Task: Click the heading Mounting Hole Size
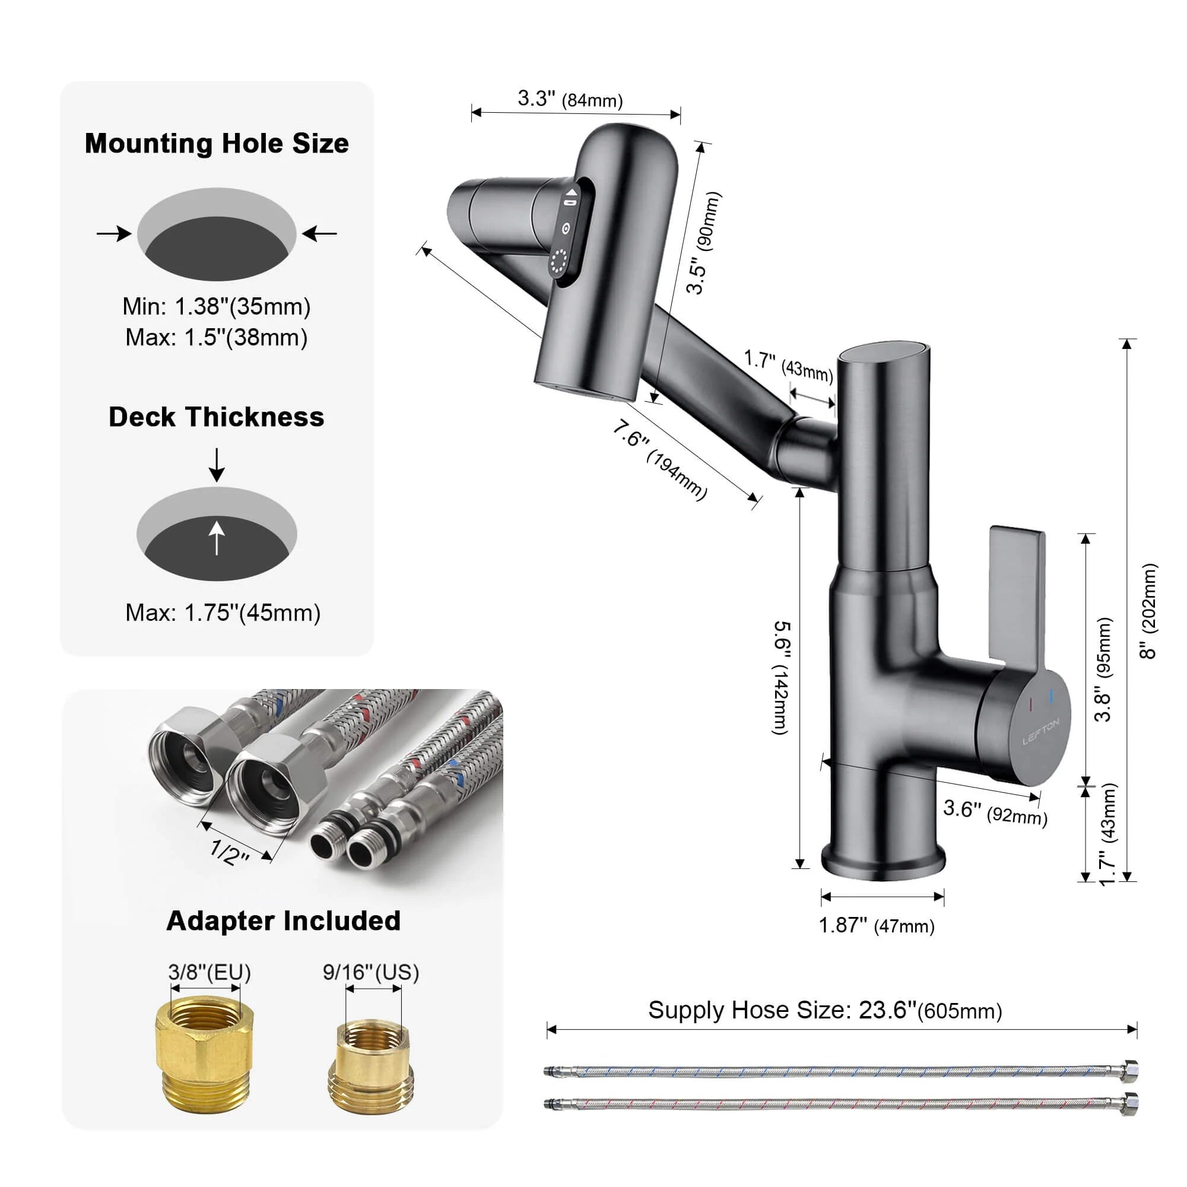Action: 216,144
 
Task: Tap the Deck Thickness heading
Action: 216,417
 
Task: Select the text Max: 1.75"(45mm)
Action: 223,612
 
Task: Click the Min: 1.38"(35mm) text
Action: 216,306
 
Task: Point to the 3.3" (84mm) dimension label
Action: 570,99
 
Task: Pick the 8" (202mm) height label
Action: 1147,611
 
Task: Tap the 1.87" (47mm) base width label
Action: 876,925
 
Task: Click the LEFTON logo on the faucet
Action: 1040,732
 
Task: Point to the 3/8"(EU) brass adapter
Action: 204,1061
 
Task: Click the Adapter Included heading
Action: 283,921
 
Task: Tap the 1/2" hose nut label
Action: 229,852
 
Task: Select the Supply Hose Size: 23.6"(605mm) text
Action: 824,1010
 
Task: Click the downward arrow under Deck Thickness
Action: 216,465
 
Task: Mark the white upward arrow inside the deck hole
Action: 216,538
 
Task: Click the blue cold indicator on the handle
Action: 1051,696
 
